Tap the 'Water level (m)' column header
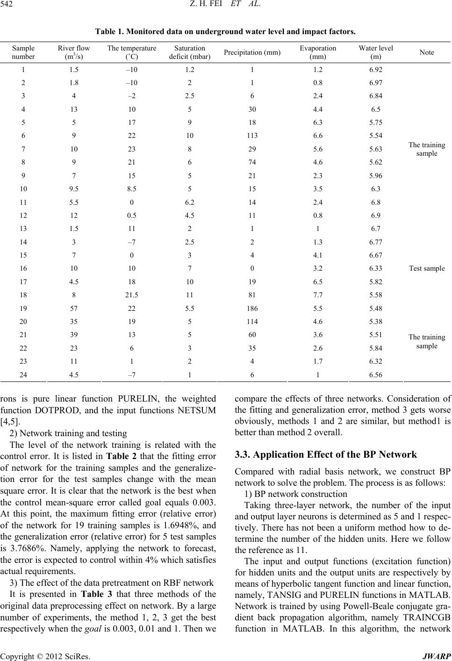375,52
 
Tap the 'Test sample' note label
427,268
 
